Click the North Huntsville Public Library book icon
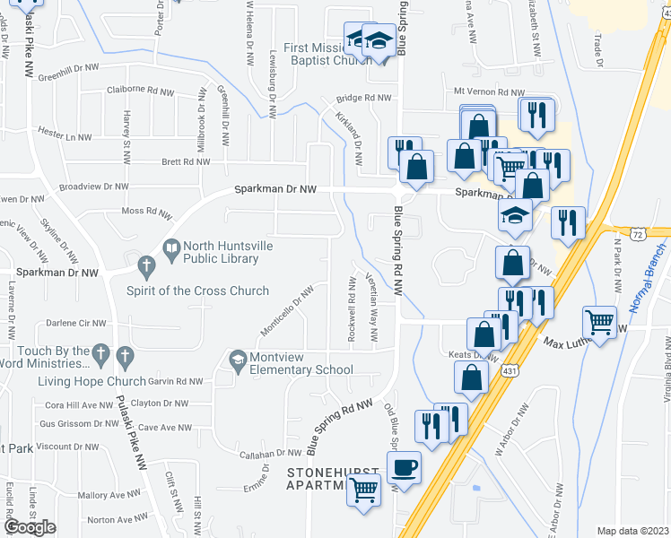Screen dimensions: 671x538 click(x=170, y=247)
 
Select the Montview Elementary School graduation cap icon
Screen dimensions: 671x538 click(x=237, y=360)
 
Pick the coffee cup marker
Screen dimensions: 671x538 click(x=404, y=467)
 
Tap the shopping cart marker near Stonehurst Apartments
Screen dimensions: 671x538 click(x=362, y=490)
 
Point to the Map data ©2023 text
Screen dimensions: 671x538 click(x=632, y=531)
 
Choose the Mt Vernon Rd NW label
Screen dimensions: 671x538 click(x=489, y=91)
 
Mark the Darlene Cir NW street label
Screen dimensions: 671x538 click(x=75, y=323)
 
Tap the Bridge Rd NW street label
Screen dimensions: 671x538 click(x=363, y=98)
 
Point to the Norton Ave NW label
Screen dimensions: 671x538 click(x=114, y=519)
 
